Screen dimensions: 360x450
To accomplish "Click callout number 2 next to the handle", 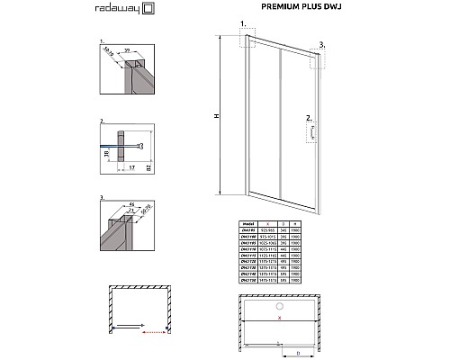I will coord(308,118).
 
